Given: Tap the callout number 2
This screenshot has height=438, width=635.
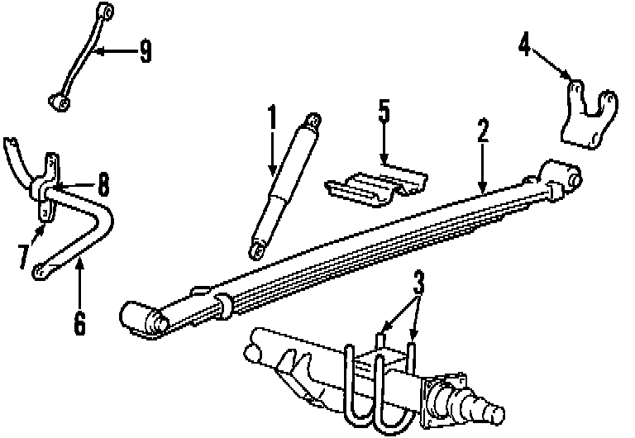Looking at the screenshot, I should click(x=483, y=131).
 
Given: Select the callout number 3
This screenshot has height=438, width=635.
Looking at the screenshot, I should click(x=418, y=284).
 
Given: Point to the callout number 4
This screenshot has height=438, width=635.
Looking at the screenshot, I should click(x=524, y=43).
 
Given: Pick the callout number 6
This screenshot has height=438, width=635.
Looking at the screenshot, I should click(x=79, y=322).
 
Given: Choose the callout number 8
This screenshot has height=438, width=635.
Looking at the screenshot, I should click(x=103, y=183).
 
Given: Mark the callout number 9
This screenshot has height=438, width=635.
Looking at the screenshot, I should click(x=146, y=52).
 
